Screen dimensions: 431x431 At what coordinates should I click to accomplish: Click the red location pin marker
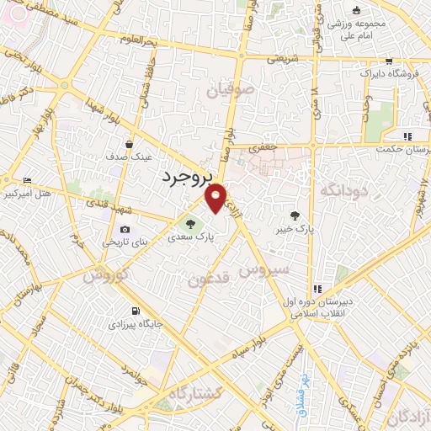[x=216, y=197]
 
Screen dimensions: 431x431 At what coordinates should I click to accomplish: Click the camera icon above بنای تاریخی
[x=125, y=230]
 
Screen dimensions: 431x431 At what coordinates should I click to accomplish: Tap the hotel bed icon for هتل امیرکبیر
[x=28, y=180]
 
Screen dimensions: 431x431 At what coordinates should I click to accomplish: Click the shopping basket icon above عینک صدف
[x=129, y=144]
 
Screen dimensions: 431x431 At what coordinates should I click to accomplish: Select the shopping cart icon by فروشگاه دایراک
[x=388, y=61]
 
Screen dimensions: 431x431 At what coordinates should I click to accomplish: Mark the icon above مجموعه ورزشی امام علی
[x=356, y=10]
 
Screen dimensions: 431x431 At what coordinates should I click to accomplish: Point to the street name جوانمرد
[x=136, y=368]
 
